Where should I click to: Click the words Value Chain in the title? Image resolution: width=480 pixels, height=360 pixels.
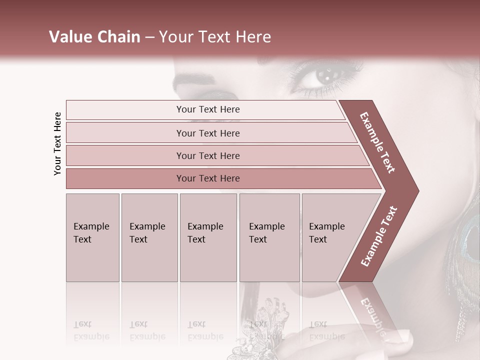point(94,37)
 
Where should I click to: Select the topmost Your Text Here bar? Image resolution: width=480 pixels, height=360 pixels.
point(207,109)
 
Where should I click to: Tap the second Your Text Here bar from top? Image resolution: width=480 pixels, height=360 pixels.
point(207,133)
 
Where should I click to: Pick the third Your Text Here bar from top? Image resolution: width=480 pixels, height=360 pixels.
point(207,155)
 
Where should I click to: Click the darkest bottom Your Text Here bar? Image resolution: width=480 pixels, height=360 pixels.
point(207,178)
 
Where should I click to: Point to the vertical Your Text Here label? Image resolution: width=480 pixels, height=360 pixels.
point(57,143)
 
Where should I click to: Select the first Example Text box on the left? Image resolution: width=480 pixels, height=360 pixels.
point(92,237)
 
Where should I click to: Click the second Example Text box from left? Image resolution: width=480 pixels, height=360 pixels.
point(149,237)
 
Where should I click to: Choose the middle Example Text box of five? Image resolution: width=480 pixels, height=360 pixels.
point(208,237)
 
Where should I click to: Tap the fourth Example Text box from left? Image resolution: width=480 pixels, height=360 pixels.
point(269,237)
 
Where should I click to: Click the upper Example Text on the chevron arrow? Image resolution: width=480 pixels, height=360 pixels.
point(377,142)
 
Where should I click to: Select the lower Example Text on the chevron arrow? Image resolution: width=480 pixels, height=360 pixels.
point(379,236)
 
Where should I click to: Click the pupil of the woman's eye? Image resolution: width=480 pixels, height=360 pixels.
point(326,76)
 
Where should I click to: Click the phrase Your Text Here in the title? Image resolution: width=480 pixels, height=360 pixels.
point(215,37)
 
